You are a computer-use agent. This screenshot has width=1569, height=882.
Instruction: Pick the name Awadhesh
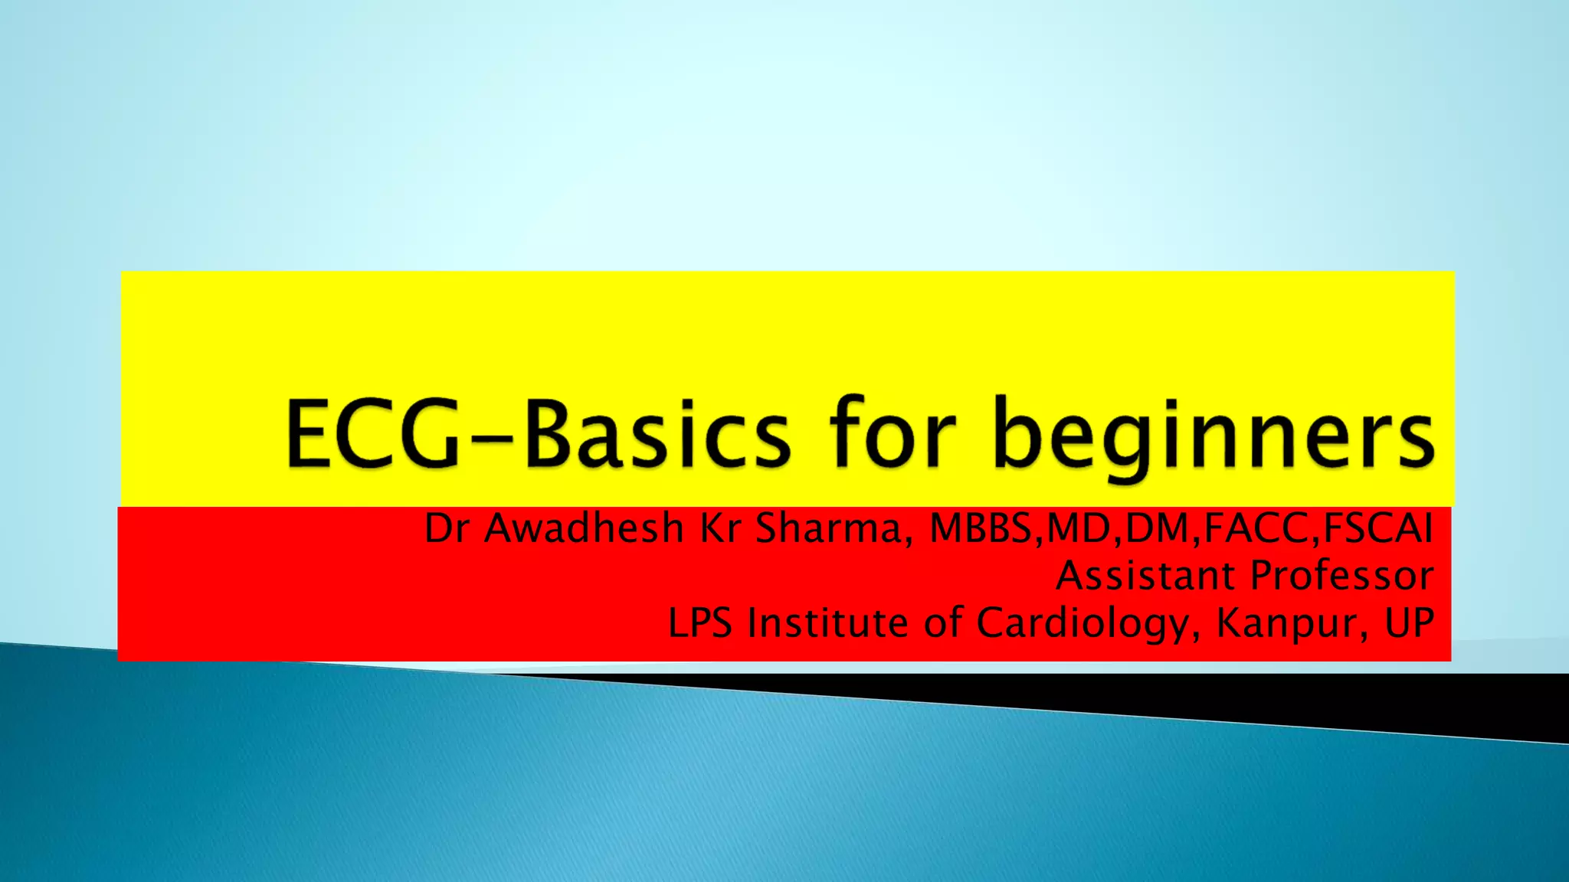click(x=584, y=528)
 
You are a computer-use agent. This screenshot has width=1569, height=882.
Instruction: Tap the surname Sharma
click(x=829, y=528)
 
